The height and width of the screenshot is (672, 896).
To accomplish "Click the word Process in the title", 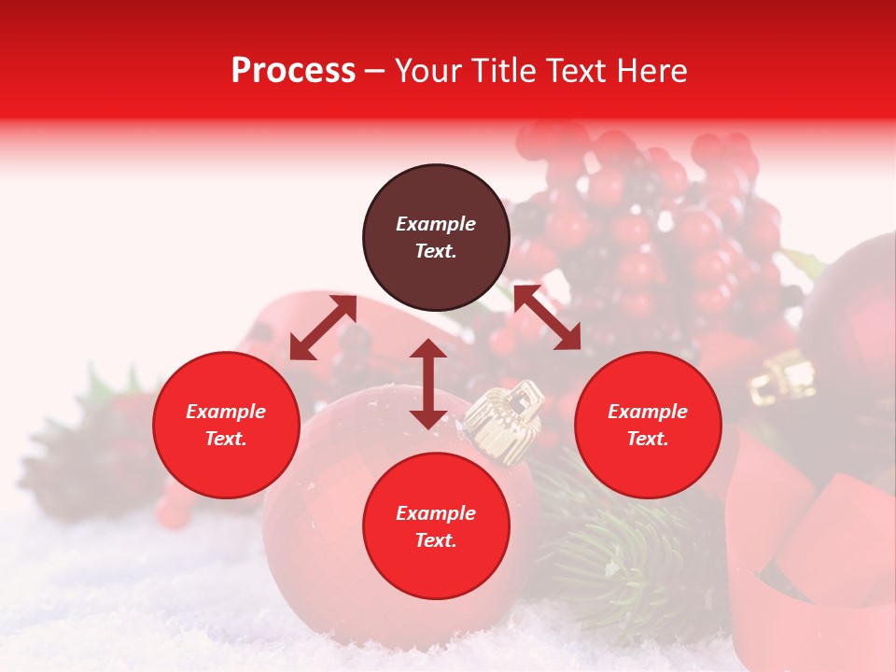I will coord(293,71).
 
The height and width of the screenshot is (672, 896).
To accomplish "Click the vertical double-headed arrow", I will coord(428,384).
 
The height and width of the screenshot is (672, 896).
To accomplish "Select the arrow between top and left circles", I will coord(323,328).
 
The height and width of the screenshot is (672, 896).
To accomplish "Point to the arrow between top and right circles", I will coord(548,317).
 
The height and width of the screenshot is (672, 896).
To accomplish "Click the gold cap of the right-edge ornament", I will coord(783,377).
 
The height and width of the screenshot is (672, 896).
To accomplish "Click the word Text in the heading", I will coord(571,71).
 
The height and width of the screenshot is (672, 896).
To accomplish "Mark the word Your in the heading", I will coord(428,71).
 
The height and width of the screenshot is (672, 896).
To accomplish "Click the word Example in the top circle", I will coord(436,224).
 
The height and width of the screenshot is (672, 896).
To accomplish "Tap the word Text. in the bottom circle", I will coord(436,540).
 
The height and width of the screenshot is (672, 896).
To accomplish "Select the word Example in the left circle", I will coord(226,412).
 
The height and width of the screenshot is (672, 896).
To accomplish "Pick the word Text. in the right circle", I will coord(648,439).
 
